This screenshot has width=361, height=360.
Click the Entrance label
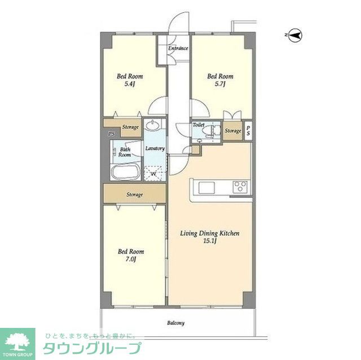[x=178, y=48]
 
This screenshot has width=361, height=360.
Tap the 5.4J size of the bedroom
[x=129, y=84]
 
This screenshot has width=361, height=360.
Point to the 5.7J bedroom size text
[x=220, y=84]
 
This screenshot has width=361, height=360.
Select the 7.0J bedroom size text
[x=130, y=259]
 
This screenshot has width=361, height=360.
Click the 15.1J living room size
[x=209, y=241]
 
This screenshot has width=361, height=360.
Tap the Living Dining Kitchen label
[x=209, y=233]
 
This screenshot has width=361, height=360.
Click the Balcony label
[x=175, y=323]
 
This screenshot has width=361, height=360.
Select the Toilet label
[x=198, y=125]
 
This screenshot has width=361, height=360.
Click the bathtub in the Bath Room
[x=125, y=172]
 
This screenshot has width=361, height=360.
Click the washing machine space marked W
[x=153, y=174]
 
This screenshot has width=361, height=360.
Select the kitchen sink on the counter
[x=206, y=188]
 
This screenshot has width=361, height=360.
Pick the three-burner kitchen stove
[x=240, y=186]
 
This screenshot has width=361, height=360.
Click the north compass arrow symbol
[x=295, y=35]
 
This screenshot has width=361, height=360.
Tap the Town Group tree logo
[x=17, y=341]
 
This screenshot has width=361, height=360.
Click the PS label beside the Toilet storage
[x=248, y=130]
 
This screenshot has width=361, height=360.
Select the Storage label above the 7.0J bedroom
[x=134, y=194]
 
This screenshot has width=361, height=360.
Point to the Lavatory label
[x=155, y=149]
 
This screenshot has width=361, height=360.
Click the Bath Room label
[x=125, y=152]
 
